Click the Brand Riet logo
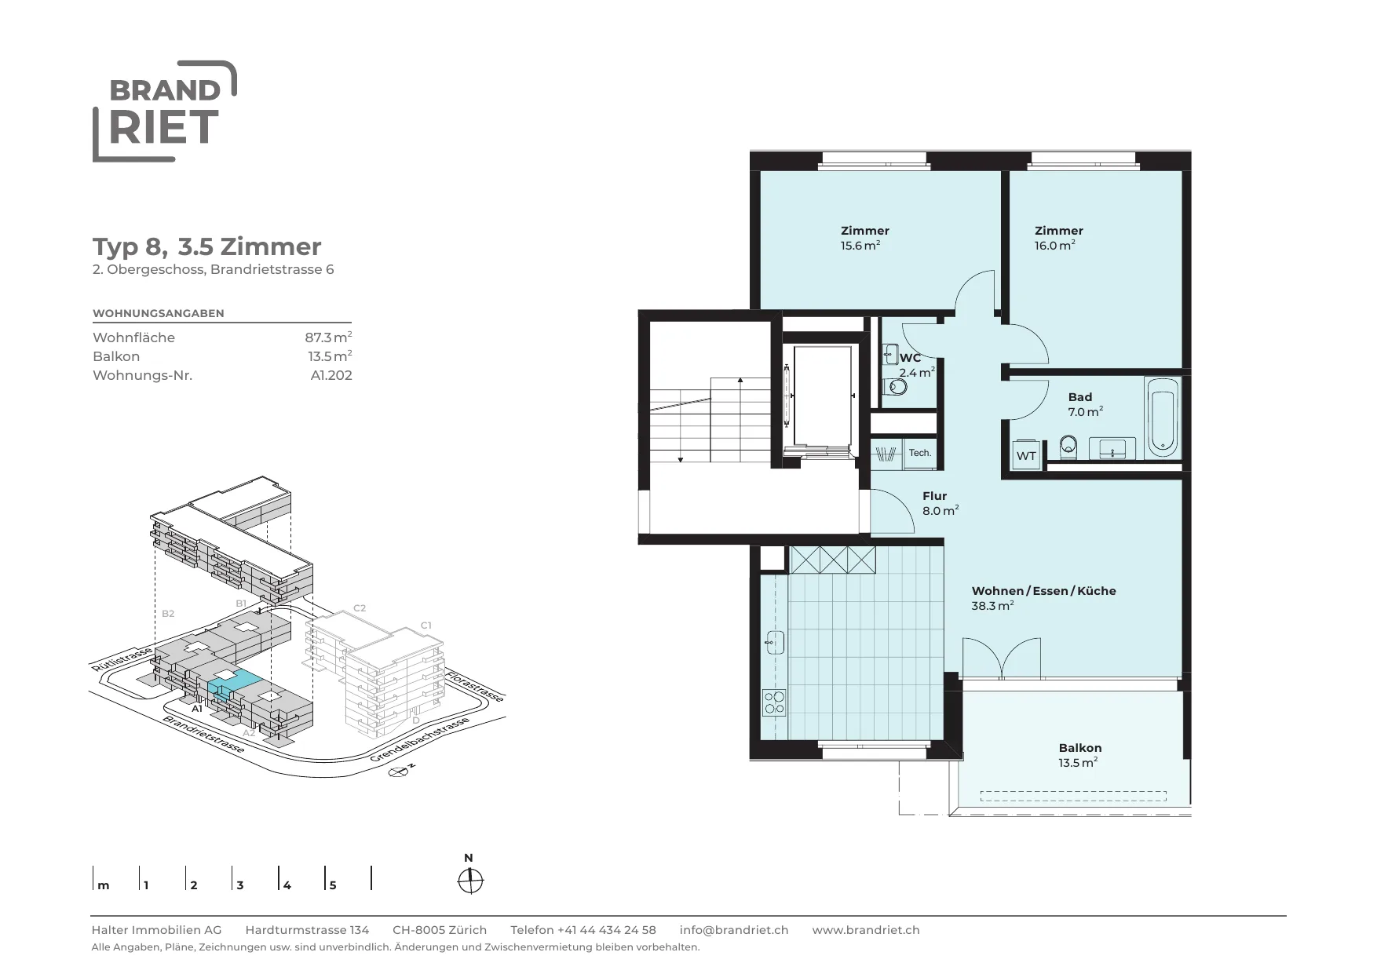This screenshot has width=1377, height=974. click(164, 111)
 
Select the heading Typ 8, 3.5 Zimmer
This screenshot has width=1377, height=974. click(207, 246)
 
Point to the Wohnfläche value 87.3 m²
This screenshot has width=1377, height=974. click(328, 337)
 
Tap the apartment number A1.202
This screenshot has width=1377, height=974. click(331, 375)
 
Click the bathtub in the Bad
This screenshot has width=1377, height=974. click(1162, 418)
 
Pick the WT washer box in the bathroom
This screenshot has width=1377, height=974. click(1026, 455)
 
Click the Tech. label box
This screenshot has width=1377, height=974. click(920, 453)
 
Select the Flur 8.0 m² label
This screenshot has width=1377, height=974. click(940, 503)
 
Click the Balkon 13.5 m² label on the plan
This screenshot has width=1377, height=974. click(1079, 755)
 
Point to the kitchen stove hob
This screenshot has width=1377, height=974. click(774, 702)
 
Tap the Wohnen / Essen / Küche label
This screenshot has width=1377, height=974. click(1043, 591)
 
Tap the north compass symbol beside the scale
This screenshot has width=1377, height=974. click(470, 881)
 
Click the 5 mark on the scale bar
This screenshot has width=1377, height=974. click(333, 885)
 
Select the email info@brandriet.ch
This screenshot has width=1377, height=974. click(734, 930)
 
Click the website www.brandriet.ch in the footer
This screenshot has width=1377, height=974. click(866, 930)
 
